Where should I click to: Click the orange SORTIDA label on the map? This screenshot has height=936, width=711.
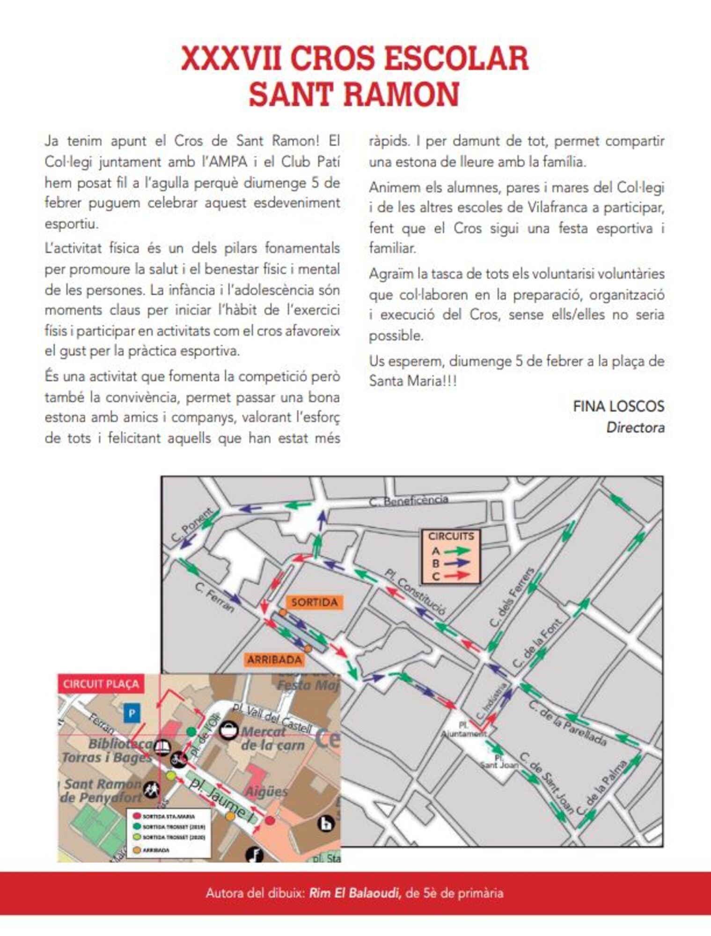point(314,602)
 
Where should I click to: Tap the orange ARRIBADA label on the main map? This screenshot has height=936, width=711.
point(274,660)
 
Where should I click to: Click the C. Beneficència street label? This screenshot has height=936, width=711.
point(409,501)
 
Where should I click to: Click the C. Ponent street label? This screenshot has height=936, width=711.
point(191,525)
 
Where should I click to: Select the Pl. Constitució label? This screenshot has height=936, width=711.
point(415,592)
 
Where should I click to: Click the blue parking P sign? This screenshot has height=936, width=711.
point(132,713)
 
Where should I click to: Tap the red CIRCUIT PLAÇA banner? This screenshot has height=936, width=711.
point(101,684)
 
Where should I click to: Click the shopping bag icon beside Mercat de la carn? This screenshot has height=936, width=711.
point(229,730)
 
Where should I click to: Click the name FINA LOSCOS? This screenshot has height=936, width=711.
point(618,406)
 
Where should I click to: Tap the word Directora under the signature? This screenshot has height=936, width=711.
point(635,427)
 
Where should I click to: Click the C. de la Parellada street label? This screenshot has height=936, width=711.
point(567,723)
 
